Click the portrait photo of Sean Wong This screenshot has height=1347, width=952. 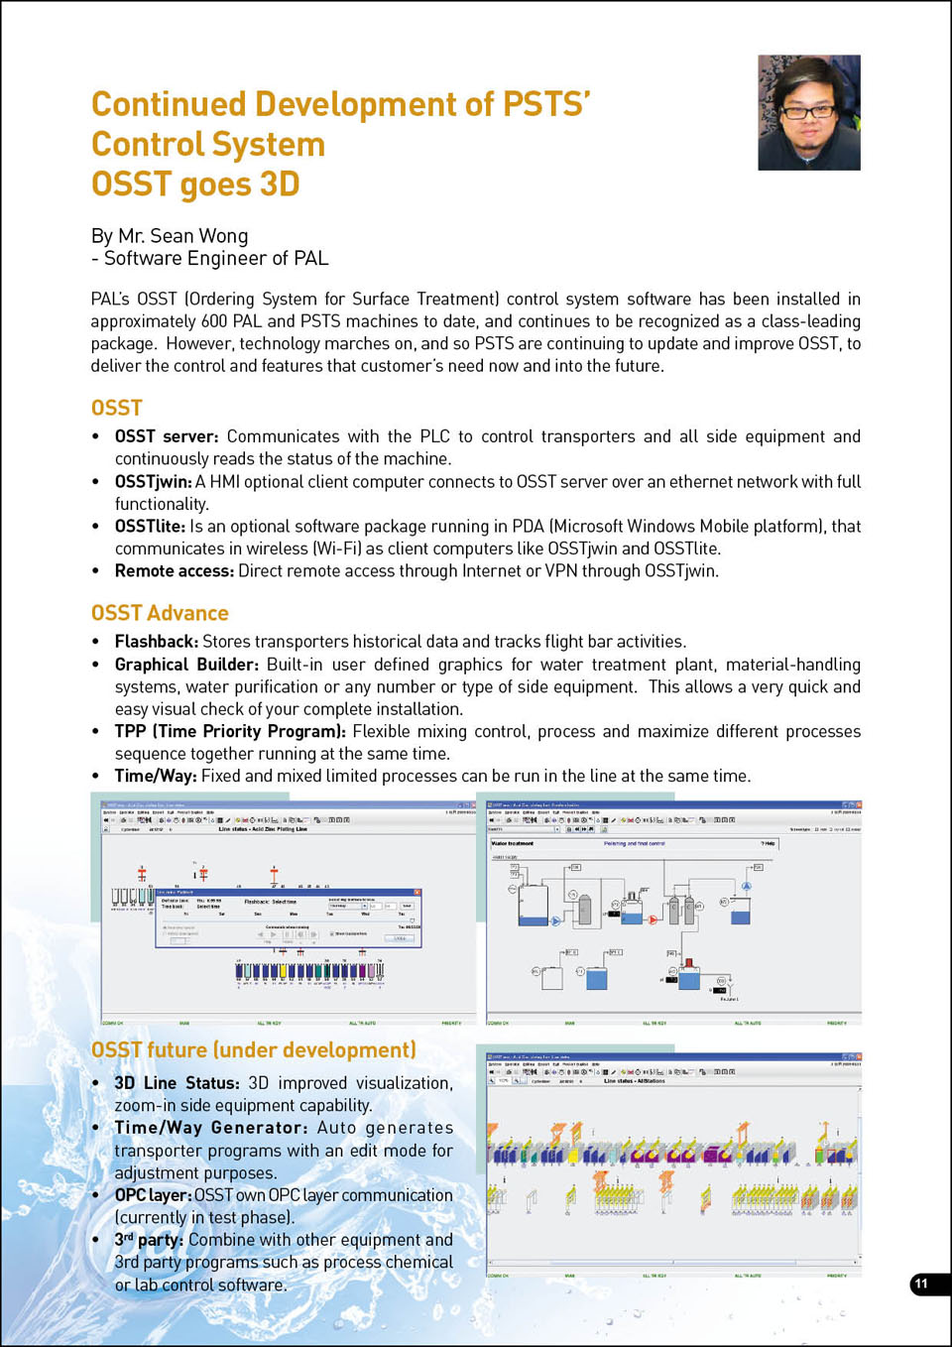(x=809, y=112)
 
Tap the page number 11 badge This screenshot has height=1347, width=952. (x=922, y=1284)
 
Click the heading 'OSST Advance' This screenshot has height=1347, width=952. (x=160, y=613)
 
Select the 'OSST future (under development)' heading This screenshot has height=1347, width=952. (x=253, y=1049)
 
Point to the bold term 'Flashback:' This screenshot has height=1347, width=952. (x=157, y=642)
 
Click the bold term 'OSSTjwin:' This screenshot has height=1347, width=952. (x=153, y=481)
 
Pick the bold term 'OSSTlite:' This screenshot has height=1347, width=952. (x=150, y=526)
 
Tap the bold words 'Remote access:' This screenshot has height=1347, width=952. (x=175, y=570)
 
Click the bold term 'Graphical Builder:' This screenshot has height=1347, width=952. (x=186, y=665)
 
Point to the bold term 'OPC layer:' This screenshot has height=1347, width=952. (x=153, y=1195)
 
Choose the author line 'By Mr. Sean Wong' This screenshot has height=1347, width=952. (x=170, y=236)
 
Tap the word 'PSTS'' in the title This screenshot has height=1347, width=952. (x=546, y=104)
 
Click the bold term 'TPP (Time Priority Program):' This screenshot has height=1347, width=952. (x=230, y=731)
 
